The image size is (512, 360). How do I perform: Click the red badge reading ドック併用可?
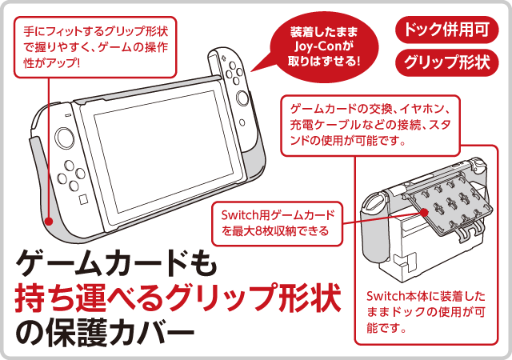tap(447, 30)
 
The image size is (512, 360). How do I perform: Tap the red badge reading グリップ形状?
tap(447, 62)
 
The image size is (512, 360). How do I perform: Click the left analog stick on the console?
tap(64, 138)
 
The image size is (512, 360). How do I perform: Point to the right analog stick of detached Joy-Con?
tap(242, 98)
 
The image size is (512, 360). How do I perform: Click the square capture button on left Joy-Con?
tap(83, 199)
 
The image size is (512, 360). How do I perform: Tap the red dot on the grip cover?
tap(49, 221)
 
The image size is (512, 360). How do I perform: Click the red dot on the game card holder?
tap(424, 213)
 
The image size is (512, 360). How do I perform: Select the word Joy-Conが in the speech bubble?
tap(324, 46)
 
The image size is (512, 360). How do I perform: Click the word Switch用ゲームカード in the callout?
tap(278, 215)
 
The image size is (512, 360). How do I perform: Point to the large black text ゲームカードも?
tap(116, 263)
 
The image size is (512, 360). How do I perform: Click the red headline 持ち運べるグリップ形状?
tap(178, 298)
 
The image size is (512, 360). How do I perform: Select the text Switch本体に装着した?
tap(426, 296)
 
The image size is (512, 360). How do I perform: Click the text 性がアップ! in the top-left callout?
tap(51, 63)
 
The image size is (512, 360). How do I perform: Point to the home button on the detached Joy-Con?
tap(242, 123)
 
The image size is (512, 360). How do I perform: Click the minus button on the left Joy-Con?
tap(68, 115)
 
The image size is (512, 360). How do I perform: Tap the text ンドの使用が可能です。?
tap(348, 141)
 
